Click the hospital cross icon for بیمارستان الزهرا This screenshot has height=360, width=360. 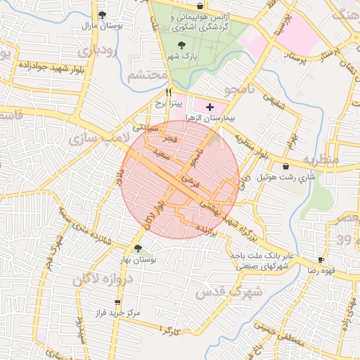[209, 106]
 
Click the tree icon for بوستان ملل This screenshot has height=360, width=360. [103, 14]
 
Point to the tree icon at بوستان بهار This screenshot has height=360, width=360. [138, 248]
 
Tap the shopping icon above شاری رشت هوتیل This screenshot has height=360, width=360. [285, 167]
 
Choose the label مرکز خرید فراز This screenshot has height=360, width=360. [117, 311]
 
